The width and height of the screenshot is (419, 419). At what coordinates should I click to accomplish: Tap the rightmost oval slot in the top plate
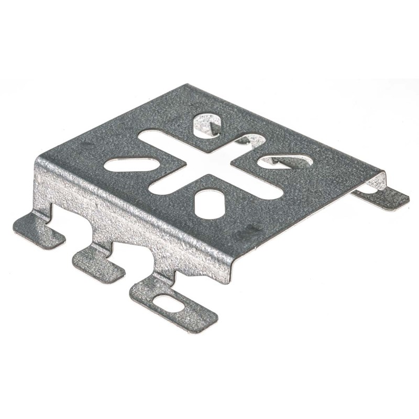click(285, 161)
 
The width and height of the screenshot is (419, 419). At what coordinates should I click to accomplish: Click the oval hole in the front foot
click(168, 303)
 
